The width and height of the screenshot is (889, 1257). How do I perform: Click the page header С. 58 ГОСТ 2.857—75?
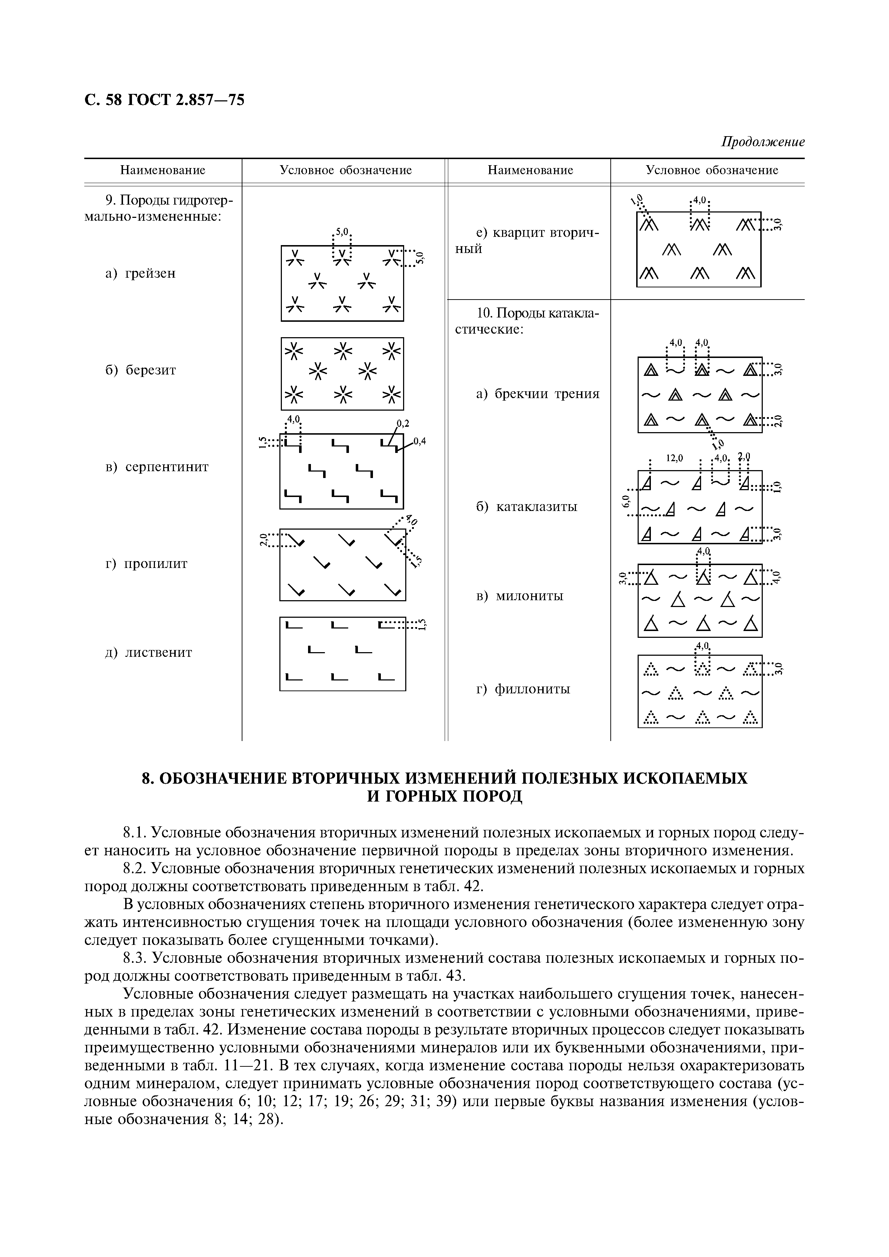click(x=164, y=100)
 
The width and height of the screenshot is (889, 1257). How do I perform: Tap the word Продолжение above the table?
click(x=762, y=142)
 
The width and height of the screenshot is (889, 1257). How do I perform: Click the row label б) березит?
click(x=141, y=370)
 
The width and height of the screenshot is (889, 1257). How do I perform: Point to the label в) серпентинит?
click(x=157, y=467)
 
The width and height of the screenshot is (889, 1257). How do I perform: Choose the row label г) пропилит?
click(x=146, y=563)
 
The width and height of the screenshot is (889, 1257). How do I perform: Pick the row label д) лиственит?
click(x=148, y=653)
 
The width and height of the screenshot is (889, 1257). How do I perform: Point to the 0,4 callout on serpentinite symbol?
click(x=420, y=441)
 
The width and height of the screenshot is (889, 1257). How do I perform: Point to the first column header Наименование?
click(x=163, y=170)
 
